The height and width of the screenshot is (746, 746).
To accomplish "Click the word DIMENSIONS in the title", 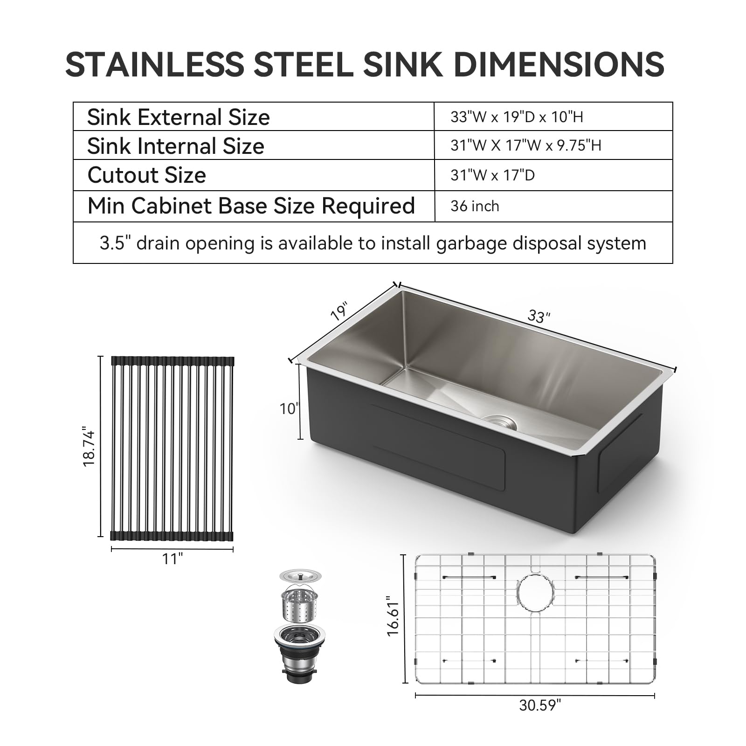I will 559,64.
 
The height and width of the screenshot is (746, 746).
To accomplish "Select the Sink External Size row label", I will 178,117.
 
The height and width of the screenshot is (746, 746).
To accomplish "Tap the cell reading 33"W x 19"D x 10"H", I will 517,117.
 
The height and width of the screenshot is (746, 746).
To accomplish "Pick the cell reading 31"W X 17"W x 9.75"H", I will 525,145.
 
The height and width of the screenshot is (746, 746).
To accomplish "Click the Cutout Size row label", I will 146,175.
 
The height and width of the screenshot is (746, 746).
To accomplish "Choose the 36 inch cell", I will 475,206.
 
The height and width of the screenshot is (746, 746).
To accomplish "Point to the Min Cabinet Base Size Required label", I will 251,206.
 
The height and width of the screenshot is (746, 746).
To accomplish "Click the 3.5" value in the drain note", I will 112,243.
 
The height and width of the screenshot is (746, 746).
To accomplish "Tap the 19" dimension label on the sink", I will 339,311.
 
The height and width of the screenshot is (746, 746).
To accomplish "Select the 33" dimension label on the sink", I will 539,317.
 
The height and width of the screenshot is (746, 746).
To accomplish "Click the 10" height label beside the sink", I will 288,409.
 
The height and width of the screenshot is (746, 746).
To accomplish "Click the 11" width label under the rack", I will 172,558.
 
